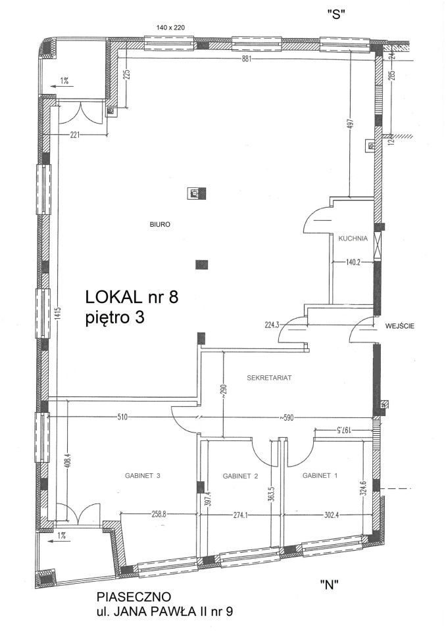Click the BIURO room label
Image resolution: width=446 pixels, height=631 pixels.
(x=160, y=225)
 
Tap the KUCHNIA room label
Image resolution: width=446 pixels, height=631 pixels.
(x=353, y=238)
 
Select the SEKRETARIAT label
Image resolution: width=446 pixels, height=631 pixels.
(x=269, y=378)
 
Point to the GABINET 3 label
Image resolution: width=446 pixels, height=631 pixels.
(x=143, y=475)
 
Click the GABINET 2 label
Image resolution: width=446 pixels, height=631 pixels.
(x=240, y=476)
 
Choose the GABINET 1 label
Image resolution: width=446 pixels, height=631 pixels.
(x=320, y=475)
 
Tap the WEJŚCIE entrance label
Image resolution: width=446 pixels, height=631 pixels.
(x=399, y=326)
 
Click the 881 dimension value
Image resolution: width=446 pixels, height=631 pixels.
(x=247, y=58)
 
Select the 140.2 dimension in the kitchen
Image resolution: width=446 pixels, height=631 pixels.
(x=353, y=262)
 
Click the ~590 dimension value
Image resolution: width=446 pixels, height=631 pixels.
(x=286, y=418)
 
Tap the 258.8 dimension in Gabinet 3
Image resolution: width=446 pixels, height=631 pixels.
(x=159, y=514)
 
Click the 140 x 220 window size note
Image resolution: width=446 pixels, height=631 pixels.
(x=170, y=28)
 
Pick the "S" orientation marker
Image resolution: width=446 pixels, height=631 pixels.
(x=336, y=14)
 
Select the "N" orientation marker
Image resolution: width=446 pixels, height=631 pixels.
(x=329, y=584)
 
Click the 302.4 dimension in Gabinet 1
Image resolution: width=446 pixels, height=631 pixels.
(x=331, y=514)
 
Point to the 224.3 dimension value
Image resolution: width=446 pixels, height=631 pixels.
(x=272, y=325)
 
